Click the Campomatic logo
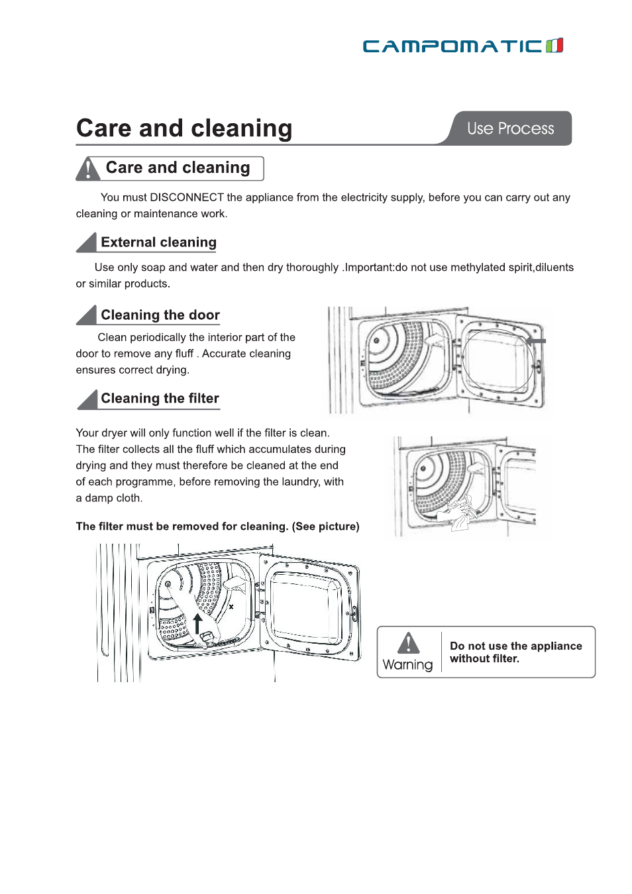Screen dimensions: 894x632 pos(453,46)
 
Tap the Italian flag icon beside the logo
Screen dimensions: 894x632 pos(554,46)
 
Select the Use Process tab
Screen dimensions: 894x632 pos(510,128)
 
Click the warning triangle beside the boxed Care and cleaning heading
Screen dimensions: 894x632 pos(87,169)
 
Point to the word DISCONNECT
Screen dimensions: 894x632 pos(187,197)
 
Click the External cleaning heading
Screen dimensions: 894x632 pos(158,242)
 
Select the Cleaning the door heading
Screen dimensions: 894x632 pos(160,315)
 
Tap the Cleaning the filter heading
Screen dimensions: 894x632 pos(160,399)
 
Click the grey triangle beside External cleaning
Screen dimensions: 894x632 pos(87,243)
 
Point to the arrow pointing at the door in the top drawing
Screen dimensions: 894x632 pos(535,341)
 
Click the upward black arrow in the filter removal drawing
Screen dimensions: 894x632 pos(197,623)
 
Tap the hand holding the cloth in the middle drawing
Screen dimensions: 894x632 pos(458,513)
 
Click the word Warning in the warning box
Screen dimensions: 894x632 pos(407,665)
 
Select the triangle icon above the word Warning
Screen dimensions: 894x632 pos(409,643)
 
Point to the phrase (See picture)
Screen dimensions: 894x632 pos(325,526)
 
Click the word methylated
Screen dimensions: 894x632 pos(478,268)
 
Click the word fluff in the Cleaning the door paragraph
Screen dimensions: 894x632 pos(184,354)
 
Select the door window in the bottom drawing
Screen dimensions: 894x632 pos(305,607)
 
